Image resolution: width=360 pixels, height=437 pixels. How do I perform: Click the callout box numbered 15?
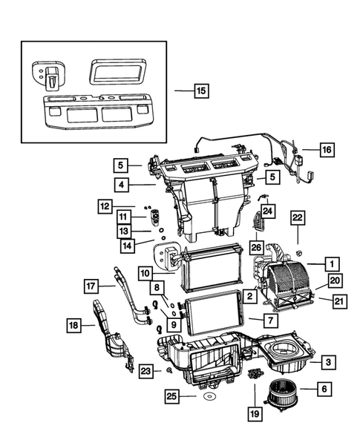tap(200, 92)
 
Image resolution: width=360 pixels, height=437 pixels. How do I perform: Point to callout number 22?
tap(297, 217)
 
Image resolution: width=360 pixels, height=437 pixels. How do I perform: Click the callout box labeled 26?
tap(255, 247)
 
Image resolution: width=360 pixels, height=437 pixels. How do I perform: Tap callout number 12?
tap(106, 205)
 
